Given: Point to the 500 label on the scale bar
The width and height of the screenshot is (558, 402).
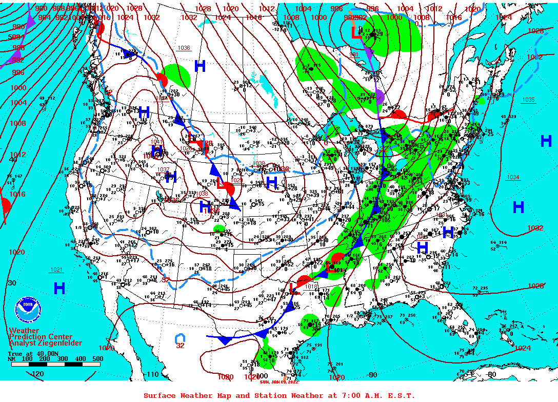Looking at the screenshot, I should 97,359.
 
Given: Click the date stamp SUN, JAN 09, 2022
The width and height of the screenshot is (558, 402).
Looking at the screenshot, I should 278,382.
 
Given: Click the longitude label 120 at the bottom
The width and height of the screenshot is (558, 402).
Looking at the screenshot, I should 38,374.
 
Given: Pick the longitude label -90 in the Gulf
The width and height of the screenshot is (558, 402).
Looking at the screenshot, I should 372,375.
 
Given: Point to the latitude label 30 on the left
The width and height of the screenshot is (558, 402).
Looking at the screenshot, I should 12,283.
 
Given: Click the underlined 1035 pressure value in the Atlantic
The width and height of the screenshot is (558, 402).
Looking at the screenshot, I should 528,100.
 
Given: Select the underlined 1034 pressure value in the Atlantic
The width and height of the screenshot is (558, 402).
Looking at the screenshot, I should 513,177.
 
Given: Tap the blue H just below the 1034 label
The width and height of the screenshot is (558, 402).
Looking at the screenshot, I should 519,207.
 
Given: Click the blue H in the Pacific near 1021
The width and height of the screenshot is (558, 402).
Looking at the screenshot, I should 59,288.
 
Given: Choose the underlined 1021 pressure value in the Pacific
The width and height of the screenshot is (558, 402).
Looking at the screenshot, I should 56,270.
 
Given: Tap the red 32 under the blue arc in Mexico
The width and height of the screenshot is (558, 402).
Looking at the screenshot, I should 180,346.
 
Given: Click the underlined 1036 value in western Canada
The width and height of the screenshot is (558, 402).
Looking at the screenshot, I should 184,48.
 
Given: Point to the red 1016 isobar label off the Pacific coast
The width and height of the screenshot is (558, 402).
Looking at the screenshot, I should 17,194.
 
